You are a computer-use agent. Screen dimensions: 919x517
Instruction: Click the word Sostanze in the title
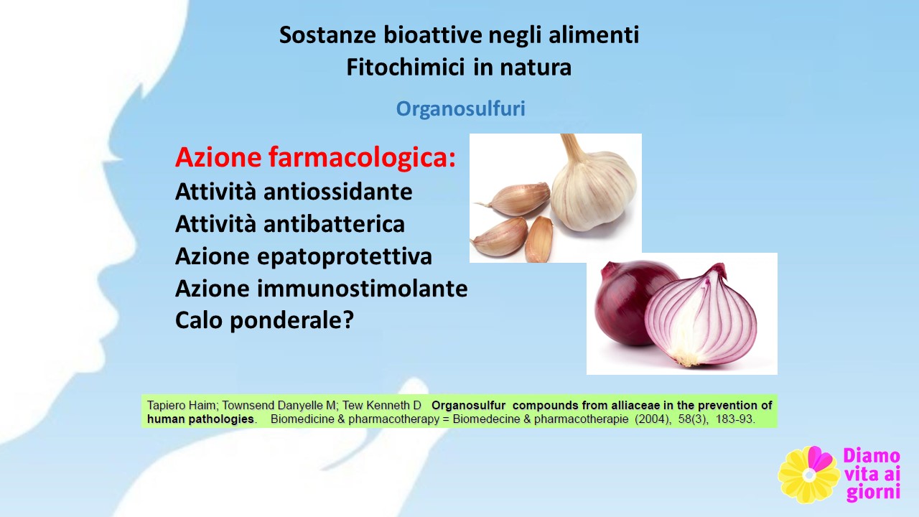pos(327,34)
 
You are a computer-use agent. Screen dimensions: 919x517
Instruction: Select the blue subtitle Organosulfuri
pos(460,108)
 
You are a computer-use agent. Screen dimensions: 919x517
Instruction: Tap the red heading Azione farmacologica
pos(315,157)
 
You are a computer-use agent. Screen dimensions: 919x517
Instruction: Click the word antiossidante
pos(337,192)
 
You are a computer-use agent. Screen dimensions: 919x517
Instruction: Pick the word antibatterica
pos(334,224)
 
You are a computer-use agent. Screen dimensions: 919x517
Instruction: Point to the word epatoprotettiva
pos(345,257)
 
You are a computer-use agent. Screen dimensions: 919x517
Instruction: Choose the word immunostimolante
pos(363,288)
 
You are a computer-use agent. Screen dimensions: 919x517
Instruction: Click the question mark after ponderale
pos(348,320)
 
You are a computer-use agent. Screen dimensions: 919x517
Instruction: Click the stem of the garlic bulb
pos(573,149)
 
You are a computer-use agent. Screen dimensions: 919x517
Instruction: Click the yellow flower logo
pos(808,475)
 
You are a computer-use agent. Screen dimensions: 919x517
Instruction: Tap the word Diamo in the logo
pos(872,456)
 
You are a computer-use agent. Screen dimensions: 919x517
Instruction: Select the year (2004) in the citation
pos(653,419)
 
